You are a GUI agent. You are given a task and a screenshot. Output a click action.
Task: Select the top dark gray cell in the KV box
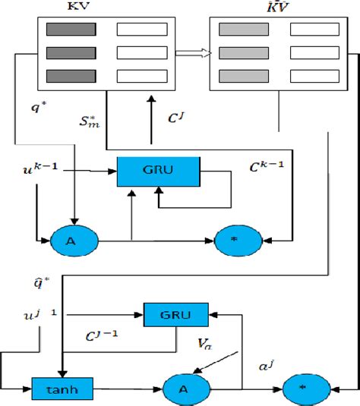[70, 30]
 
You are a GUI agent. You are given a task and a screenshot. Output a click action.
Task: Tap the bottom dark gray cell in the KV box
[70, 76]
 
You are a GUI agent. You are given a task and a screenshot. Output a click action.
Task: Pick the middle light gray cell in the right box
[243, 53]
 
